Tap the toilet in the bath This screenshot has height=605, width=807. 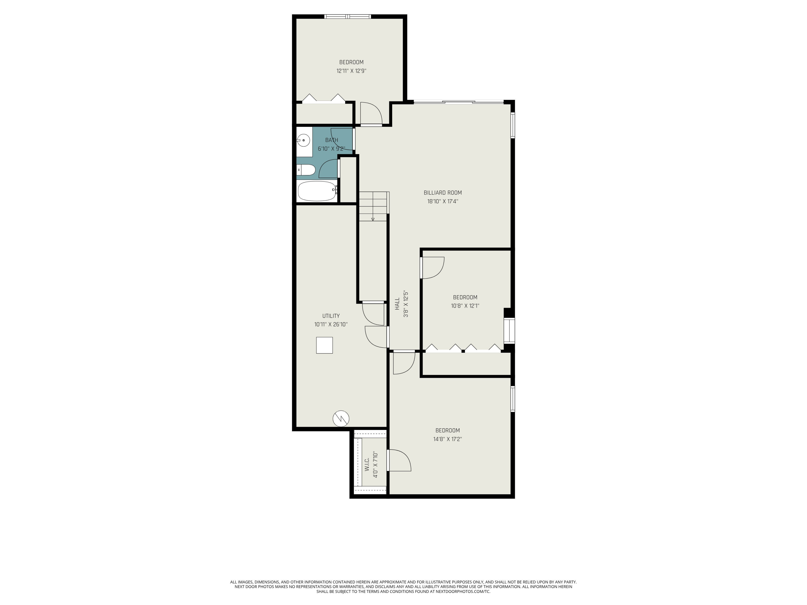(306, 170)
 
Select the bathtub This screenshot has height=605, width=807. (317, 191)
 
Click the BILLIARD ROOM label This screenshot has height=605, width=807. (443, 193)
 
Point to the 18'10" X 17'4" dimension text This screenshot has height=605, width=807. (443, 201)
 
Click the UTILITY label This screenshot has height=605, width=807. (331, 316)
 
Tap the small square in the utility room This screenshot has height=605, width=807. (324, 345)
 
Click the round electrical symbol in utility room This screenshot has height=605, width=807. (341, 418)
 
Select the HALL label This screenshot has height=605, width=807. (397, 304)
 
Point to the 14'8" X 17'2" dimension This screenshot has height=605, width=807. (448, 439)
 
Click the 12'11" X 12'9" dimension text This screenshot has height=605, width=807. (351, 71)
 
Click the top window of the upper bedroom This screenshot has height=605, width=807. (348, 16)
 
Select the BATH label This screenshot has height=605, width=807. (332, 140)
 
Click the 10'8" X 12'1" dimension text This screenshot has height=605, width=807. (465, 306)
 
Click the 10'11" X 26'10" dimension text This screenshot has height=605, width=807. (331, 324)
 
